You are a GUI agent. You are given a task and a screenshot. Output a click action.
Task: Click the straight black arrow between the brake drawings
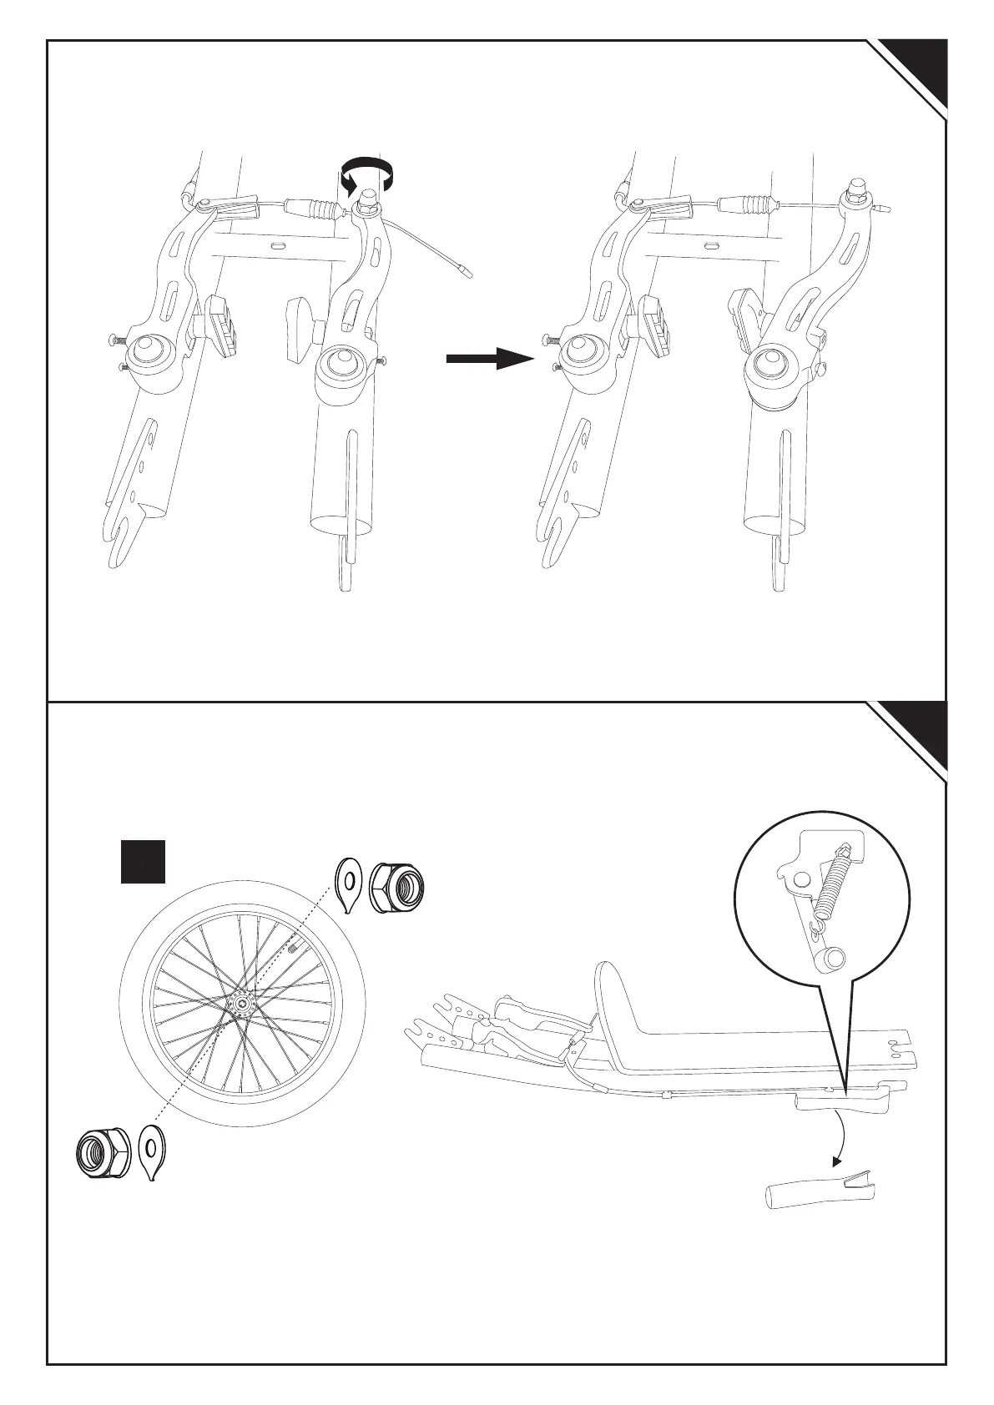coord(489,359)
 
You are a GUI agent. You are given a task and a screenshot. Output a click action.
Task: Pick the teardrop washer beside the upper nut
coord(348,884)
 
